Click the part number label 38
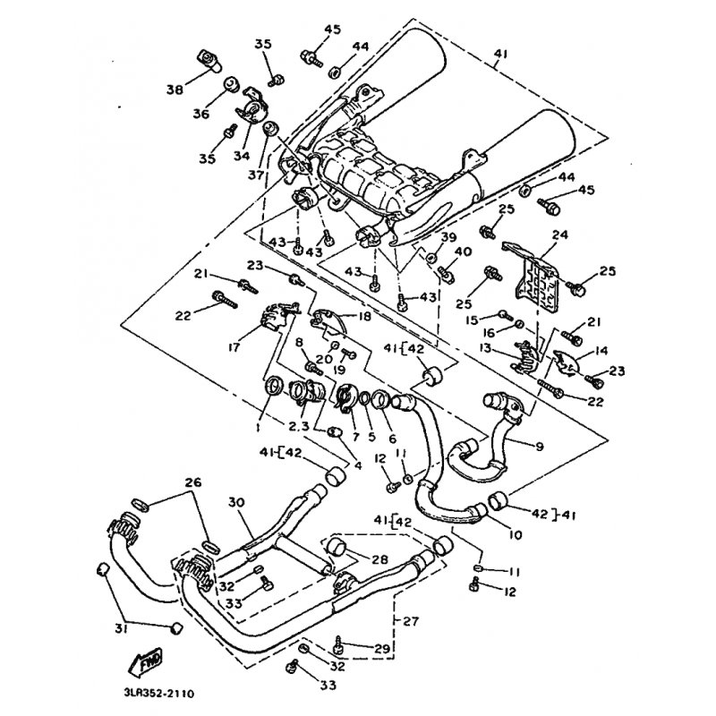click(x=174, y=89)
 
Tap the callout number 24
click(x=561, y=236)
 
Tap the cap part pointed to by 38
click(x=212, y=62)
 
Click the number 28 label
click(x=379, y=558)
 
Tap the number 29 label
click(x=383, y=647)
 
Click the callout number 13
click(x=486, y=348)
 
